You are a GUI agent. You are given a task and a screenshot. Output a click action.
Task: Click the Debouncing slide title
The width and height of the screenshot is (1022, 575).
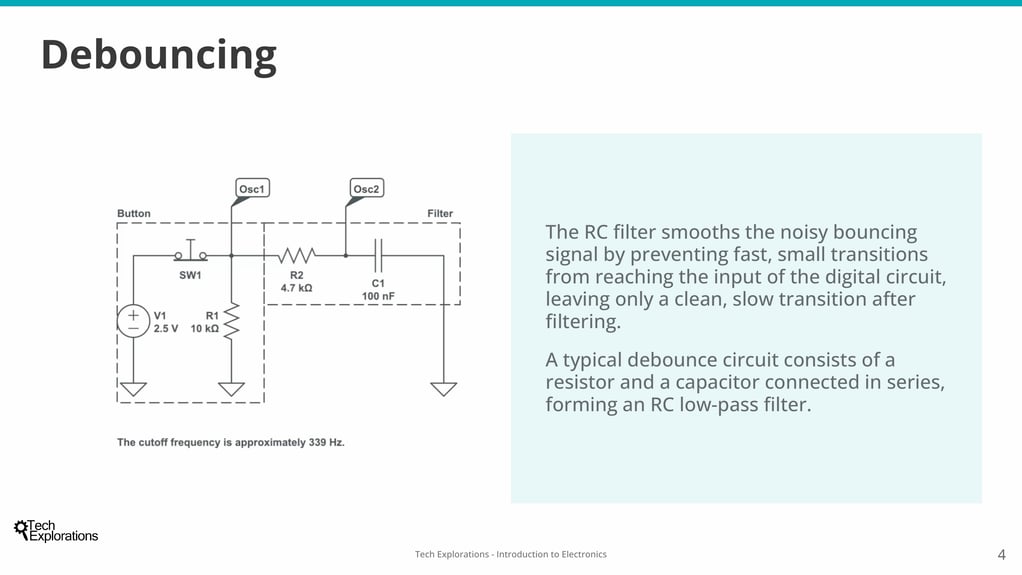159,55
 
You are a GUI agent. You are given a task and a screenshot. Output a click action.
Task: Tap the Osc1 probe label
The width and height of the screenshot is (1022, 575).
252,188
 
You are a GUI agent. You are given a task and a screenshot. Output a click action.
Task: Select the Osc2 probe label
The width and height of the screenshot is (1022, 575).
366,188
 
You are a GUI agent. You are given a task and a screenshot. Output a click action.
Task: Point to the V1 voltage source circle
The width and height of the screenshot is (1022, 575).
134,321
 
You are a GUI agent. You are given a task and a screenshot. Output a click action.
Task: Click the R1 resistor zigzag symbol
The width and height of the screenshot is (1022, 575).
231,321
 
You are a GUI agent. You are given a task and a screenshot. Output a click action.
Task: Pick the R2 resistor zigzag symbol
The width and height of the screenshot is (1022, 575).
297,256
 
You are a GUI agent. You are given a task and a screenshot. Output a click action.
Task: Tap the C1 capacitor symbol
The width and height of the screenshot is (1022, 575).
378,256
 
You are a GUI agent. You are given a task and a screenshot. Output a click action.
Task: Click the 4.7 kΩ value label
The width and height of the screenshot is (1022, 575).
297,288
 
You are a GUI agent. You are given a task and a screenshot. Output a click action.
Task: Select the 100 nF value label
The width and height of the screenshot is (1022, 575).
378,296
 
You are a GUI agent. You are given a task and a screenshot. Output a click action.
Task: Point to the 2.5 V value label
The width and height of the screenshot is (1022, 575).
166,329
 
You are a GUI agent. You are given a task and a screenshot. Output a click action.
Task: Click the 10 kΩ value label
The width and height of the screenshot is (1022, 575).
205,329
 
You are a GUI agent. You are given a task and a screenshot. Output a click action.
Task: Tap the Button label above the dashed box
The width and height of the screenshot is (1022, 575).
134,213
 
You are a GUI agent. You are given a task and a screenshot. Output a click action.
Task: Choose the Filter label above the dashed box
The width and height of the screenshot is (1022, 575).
440,213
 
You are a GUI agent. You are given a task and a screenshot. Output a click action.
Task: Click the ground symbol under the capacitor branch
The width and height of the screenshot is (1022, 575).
444,389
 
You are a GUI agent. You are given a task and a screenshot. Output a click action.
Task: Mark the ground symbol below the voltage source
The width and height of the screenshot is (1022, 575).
134,389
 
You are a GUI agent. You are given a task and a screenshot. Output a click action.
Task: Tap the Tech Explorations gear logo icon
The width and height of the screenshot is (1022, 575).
21,528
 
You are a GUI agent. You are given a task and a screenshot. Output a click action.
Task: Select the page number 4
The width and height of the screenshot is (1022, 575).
1002,555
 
